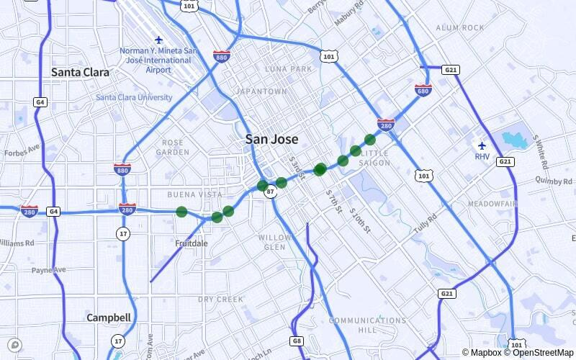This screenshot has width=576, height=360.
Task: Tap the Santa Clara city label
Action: tap(80, 73)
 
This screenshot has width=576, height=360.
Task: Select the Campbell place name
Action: tap(109, 318)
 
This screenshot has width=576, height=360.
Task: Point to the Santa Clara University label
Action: tap(134, 97)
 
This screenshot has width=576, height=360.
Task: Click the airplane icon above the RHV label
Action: tap(482, 145)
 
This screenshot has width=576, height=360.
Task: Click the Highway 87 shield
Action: tap(270, 193)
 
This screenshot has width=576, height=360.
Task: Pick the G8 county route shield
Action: tap(297, 341)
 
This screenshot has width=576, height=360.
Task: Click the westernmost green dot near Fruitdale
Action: tap(181, 212)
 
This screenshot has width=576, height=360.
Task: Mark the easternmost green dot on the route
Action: tap(370, 139)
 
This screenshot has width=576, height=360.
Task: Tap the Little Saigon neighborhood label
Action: tap(375, 158)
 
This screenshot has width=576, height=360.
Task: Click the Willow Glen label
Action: tap(275, 242)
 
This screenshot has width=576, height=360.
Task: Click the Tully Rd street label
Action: tap(425, 225)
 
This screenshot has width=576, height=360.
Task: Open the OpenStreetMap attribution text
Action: tap(539, 352)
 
